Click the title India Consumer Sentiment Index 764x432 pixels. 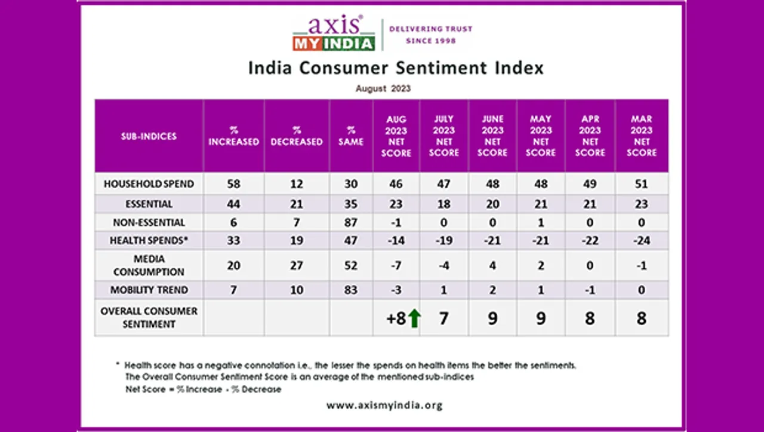click(396, 68)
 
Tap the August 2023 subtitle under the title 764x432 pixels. click(383, 88)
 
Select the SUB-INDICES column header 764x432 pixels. click(149, 136)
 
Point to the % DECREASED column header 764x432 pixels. click(297, 136)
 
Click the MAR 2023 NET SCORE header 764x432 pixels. click(642, 136)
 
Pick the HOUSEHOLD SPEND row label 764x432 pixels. click(149, 184)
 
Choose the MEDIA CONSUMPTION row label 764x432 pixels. click(149, 265)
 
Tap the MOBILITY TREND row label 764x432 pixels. click(149, 290)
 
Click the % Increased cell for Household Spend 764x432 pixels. click(233, 184)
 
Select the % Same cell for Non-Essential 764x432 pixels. click(350, 222)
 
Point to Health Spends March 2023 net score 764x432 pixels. click(642, 240)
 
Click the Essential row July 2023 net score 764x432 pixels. click(444, 204)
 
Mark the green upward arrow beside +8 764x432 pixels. click(414, 318)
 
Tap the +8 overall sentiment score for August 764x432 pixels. click(396, 318)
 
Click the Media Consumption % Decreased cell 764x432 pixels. click(297, 265)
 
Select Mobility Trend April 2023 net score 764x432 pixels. click(590, 290)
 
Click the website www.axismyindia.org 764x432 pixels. click(384, 405)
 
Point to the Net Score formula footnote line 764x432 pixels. click(203, 389)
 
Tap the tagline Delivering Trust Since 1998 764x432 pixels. click(430, 35)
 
